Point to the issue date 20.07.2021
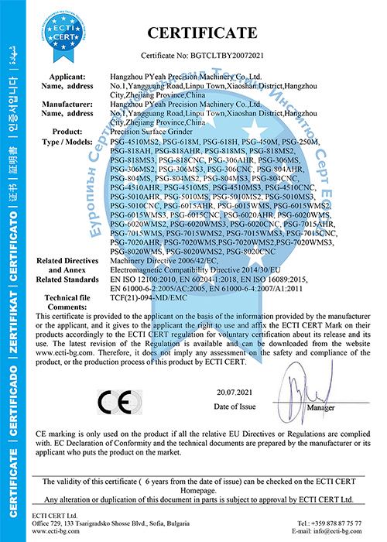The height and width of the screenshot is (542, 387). (234, 393)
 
